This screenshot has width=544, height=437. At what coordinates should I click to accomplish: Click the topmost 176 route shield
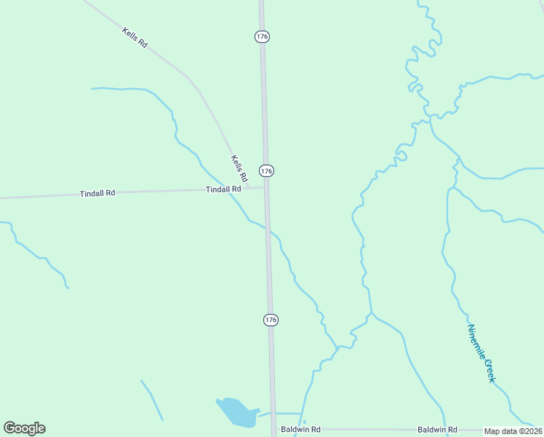click(263, 36)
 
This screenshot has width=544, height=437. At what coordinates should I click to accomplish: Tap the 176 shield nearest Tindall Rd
click(267, 170)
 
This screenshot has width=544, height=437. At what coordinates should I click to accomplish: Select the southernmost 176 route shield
click(271, 320)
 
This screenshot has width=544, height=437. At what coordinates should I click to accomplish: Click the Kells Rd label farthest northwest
click(135, 38)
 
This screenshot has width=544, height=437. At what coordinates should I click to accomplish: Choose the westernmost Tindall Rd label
click(97, 194)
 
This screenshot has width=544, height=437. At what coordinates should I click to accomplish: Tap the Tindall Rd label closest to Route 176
click(223, 189)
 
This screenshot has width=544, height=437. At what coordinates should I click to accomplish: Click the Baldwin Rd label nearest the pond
click(300, 430)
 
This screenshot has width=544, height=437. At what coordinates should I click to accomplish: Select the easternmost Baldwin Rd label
click(437, 430)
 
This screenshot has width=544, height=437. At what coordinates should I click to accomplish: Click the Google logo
click(24, 428)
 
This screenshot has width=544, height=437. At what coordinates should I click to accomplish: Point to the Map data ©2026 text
click(513, 431)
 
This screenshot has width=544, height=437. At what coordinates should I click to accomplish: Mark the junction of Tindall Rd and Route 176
click(266, 187)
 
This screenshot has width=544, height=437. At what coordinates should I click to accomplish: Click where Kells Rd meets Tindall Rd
click(248, 188)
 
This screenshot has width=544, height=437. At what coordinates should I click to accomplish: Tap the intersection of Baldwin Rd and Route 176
click(274, 430)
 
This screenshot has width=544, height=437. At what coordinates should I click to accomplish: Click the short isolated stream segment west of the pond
click(151, 400)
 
